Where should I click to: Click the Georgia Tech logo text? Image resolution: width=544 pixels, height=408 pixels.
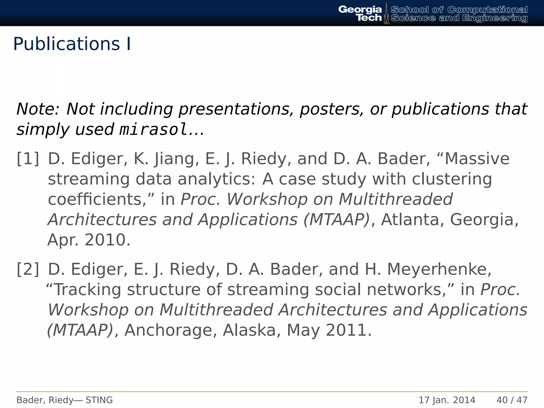point(360,13)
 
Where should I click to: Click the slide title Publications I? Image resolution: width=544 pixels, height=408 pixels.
point(72,44)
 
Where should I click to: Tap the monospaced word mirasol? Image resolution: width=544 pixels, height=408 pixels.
point(154,130)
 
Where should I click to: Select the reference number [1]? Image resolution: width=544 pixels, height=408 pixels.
point(28,159)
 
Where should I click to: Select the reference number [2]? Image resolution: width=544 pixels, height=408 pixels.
point(28,269)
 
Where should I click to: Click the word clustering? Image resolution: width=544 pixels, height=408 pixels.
point(452,179)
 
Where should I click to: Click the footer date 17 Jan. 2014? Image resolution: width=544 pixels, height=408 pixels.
point(447,400)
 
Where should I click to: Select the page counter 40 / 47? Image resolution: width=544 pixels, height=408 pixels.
point(512,400)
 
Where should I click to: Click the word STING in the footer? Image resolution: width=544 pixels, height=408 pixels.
point(99,400)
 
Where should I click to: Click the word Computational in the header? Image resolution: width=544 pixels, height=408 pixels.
point(487,10)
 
